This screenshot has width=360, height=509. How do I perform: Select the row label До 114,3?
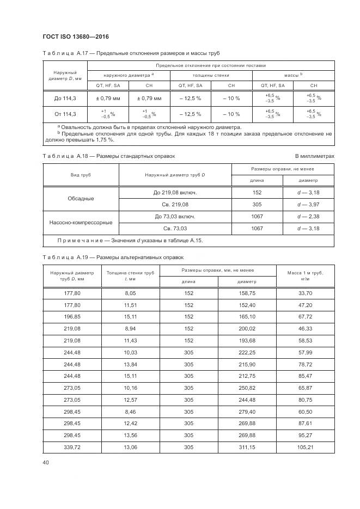tap(65, 99)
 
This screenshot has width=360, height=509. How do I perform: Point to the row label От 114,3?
tap(65, 114)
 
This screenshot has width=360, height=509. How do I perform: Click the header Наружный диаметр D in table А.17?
tap(65, 75)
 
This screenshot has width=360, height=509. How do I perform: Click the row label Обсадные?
tap(81, 199)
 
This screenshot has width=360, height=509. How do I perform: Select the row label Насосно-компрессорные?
tap(81, 223)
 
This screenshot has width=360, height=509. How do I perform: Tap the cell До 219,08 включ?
tap(175, 193)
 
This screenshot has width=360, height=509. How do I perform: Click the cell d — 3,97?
tap(308, 205)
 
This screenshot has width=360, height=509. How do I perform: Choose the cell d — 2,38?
tap(308, 217)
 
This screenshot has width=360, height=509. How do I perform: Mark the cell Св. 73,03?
tap(175, 229)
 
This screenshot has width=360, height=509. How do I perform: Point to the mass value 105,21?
tap(304, 447)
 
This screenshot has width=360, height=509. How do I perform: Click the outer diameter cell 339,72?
tap(72, 447)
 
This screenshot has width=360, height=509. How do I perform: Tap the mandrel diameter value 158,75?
tap(247, 293)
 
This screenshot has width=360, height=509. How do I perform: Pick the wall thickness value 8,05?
tap(130, 293)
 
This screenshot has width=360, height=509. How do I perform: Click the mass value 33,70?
tap(304, 293)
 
